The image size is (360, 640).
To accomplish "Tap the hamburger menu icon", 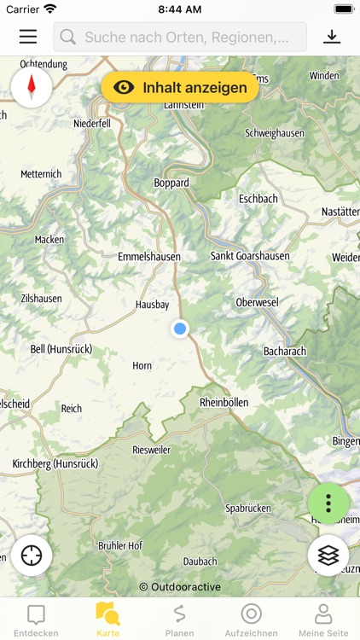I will click(28, 37).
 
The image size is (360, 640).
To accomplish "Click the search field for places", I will click(180, 38).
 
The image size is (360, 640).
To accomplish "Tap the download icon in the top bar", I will click(332, 37).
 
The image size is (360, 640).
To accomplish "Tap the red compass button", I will click(32, 86).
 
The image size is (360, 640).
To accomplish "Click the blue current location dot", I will click(179, 329).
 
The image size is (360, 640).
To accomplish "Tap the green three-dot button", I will click(328, 503).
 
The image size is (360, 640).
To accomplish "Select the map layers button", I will click(328, 556).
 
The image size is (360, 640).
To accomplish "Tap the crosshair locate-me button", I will click(32, 556).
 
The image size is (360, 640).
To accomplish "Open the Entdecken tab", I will click(36, 620).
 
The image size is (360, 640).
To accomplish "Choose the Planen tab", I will click(179, 620).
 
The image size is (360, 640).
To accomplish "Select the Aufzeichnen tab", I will click(251, 620).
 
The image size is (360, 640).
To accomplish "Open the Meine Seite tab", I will click(323, 620).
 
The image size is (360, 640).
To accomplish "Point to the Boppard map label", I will click(171, 183).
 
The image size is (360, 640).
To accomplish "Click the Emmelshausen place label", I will click(150, 256).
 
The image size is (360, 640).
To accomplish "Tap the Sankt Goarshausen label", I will click(250, 256).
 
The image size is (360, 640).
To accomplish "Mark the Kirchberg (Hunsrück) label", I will click(55, 463).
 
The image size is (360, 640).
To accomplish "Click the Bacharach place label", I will click(284, 351).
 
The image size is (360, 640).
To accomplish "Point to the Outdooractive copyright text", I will click(180, 586).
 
